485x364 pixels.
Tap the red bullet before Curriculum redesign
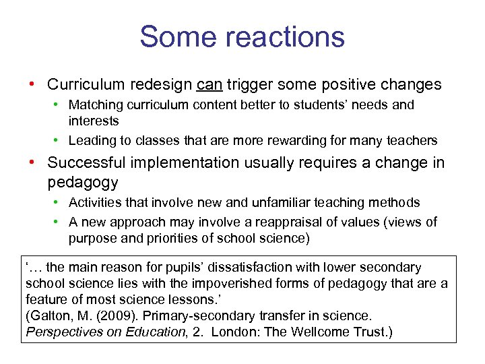(32, 85)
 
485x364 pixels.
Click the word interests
(93, 121)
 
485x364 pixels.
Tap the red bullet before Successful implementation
(32, 163)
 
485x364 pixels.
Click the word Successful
(90, 163)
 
